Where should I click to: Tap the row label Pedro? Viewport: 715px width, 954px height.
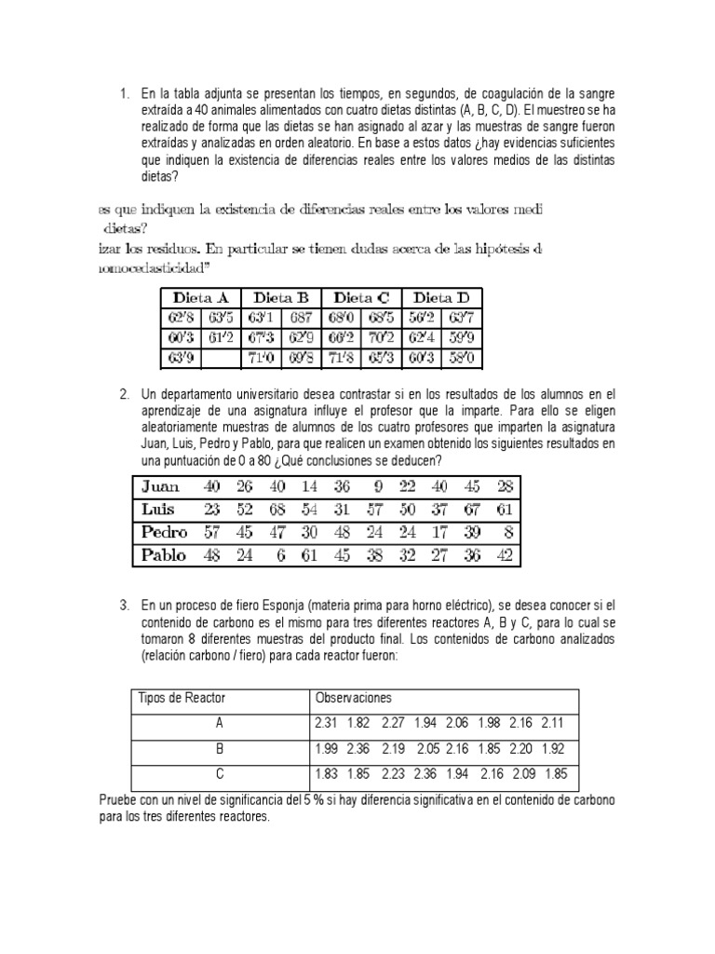pyautogui.click(x=164, y=532)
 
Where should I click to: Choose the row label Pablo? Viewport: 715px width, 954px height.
pyautogui.click(x=164, y=554)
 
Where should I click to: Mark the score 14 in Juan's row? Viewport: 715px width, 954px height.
pyautogui.click(x=310, y=486)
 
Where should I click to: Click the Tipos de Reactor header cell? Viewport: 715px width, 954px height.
pyautogui.click(x=182, y=698)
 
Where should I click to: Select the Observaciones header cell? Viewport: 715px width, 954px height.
pyautogui.click(x=354, y=698)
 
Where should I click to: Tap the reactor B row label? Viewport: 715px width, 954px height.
pyautogui.click(x=219, y=748)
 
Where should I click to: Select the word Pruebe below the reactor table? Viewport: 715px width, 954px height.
pyautogui.click(x=118, y=800)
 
